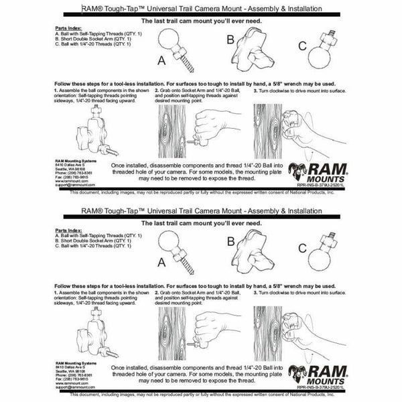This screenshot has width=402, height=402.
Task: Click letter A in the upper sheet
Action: tap(160, 61)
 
